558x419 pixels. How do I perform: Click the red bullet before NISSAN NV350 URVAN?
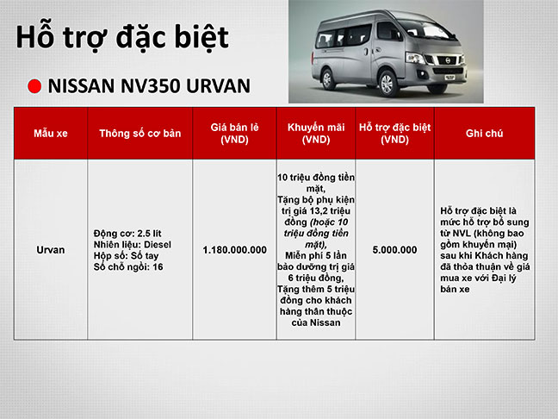click(34, 86)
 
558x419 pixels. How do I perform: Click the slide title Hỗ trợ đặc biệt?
click(122, 37)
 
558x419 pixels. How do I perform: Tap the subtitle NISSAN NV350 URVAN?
click(149, 86)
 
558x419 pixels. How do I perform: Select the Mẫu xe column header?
click(51, 134)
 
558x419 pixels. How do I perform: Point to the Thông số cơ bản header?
click(139, 134)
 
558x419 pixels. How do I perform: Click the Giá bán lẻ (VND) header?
click(234, 134)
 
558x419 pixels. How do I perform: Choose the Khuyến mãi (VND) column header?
click(316, 134)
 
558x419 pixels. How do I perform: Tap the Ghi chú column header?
click(484, 134)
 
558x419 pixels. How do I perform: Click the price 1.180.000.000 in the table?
click(234, 250)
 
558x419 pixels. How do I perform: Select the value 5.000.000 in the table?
click(394, 250)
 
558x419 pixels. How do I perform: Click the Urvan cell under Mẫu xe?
click(51, 250)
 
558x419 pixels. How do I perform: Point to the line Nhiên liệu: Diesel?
click(133, 245)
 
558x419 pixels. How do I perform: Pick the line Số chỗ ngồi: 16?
click(128, 267)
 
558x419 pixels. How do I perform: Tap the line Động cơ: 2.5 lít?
click(127, 234)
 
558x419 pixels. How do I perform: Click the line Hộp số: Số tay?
click(126, 255)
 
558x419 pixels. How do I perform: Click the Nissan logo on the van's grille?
click(447, 60)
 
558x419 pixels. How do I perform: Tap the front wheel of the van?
click(387, 83)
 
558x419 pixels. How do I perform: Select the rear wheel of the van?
click(327, 78)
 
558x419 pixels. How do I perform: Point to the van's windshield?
click(426, 29)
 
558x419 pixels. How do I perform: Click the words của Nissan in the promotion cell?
click(316, 322)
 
